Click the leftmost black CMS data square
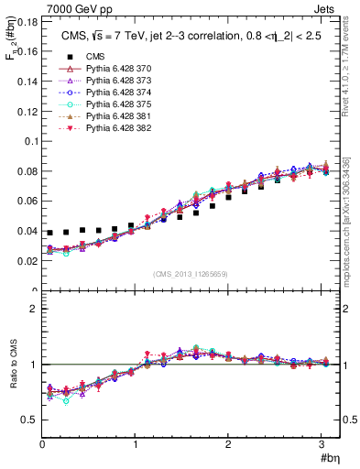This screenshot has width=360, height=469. [x=50, y=233]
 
